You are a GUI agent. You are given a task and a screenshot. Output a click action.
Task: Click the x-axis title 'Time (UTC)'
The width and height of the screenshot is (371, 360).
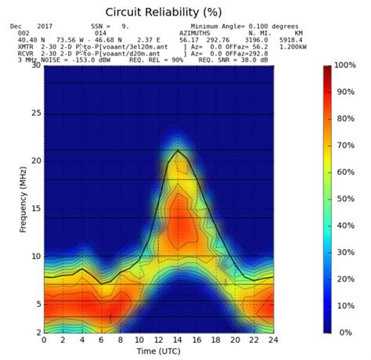(x=158, y=352)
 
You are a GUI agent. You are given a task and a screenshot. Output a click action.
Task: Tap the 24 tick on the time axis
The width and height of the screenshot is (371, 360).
(x=273, y=340)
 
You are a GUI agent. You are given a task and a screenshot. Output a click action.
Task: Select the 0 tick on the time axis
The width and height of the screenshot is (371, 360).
(x=44, y=340)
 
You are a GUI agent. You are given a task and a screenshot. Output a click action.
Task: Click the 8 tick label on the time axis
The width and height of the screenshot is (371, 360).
(x=121, y=340)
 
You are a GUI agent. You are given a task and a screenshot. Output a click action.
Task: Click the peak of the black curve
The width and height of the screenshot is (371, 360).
(x=178, y=149)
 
